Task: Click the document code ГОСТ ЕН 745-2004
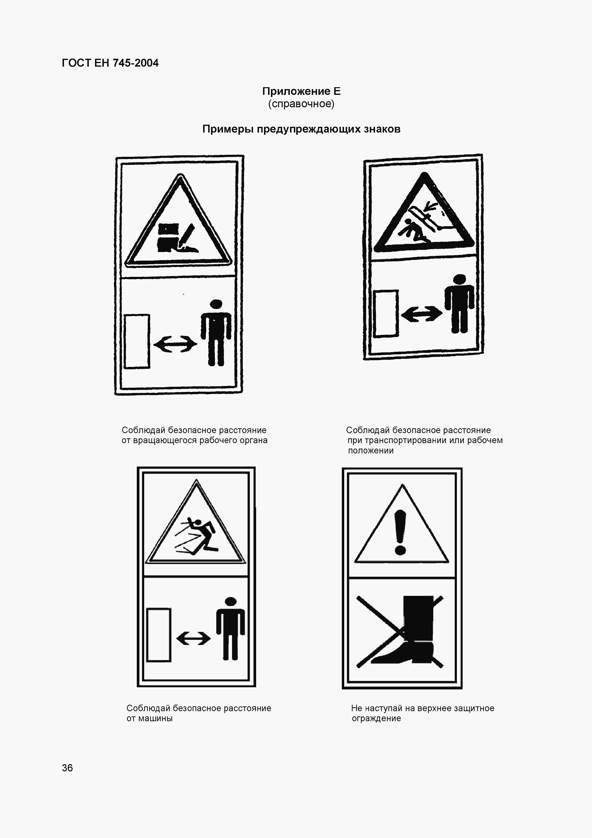[110, 63]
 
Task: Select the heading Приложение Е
[301, 91]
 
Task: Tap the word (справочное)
[301, 104]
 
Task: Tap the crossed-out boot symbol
[400, 632]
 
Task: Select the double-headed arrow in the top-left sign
[175, 344]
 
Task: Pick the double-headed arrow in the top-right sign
[422, 313]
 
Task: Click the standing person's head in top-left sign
[216, 304]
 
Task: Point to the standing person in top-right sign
[460, 304]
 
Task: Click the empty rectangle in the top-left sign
[137, 341]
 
